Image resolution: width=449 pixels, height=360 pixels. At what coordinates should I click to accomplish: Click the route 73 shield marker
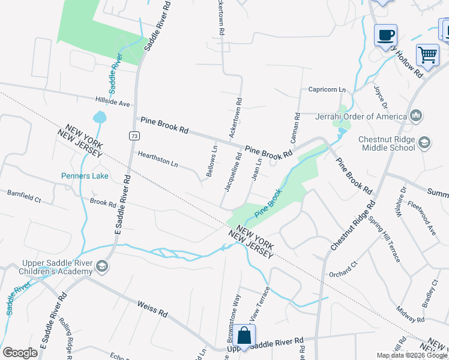tap(133, 137)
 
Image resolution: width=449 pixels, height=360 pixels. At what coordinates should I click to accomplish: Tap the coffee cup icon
tap(385, 35)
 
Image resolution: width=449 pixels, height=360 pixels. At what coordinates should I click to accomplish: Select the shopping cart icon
tap(427, 55)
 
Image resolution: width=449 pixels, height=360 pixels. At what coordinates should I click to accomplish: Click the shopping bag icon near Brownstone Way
tap(244, 337)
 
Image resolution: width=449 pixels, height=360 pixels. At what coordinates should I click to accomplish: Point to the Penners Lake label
tap(85, 176)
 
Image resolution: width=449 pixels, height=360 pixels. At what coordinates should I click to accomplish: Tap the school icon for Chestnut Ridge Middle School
tap(425, 142)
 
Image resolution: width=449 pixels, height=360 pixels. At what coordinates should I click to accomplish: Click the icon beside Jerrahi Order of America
tap(415, 115)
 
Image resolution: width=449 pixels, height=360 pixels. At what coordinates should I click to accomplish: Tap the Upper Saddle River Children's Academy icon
tap(102, 266)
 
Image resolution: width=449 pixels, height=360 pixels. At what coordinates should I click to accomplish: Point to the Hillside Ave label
tap(112, 103)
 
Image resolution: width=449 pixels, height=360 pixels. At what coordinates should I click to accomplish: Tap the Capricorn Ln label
tap(327, 89)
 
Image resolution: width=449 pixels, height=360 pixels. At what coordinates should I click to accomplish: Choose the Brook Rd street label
tap(103, 203)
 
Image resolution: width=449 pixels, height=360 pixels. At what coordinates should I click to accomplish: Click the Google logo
tap(20, 353)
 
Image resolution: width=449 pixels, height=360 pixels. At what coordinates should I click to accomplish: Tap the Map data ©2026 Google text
tap(412, 355)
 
